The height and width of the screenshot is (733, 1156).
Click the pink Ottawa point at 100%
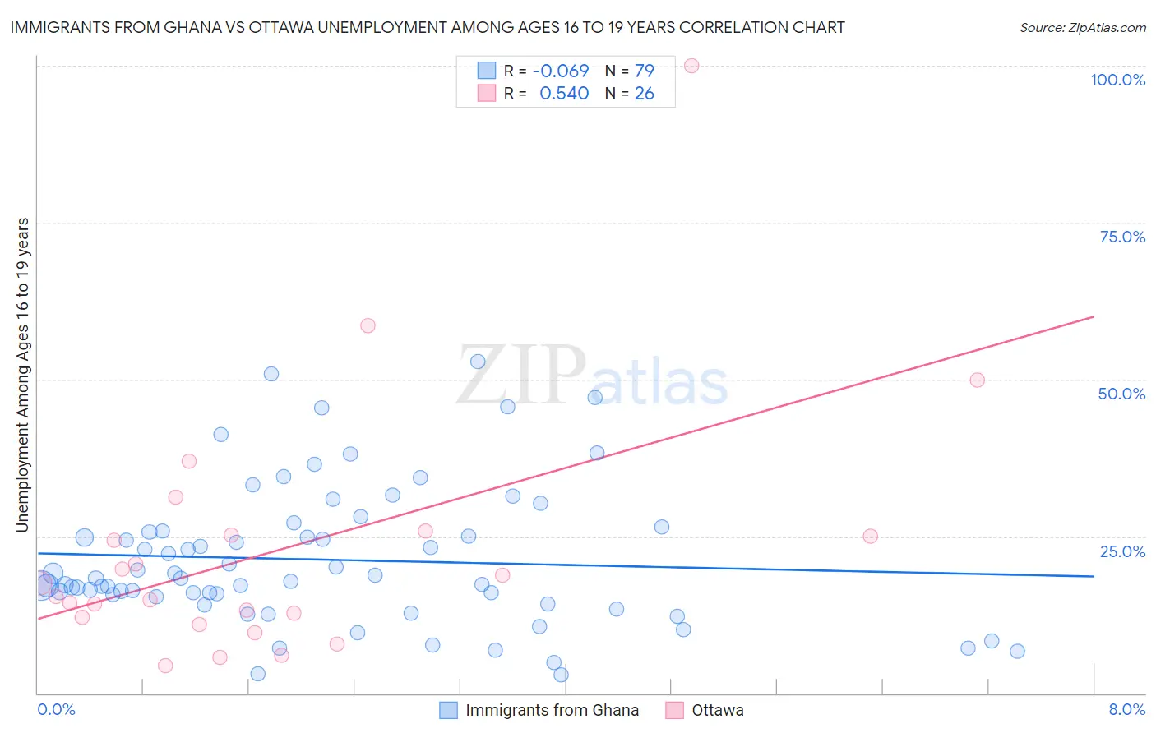(691, 66)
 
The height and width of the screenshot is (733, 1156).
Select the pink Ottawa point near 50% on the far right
(977, 380)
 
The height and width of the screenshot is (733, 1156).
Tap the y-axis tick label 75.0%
(1122, 237)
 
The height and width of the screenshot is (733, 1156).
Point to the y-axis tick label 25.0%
(1122, 551)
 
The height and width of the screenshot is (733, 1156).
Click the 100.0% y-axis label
(1117, 80)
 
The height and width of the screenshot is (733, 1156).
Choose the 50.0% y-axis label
(1121, 394)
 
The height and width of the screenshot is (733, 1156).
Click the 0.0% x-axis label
(56, 709)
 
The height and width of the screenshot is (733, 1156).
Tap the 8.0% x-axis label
(1126, 709)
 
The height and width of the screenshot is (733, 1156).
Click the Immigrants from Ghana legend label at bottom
(552, 710)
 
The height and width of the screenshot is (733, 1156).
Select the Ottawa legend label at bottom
(717, 710)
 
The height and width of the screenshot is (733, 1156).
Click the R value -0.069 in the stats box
(561, 71)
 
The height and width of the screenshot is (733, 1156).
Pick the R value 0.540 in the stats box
(564, 94)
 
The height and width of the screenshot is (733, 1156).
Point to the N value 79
(644, 71)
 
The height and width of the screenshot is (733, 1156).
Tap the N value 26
(644, 94)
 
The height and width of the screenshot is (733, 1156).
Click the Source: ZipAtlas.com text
(1082, 28)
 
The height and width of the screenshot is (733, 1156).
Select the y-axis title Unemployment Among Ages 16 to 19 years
(23, 375)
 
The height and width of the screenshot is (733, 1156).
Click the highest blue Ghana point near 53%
(478, 362)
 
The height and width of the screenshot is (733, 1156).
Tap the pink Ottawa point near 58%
(368, 325)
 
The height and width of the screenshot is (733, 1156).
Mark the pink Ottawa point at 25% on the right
(870, 536)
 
